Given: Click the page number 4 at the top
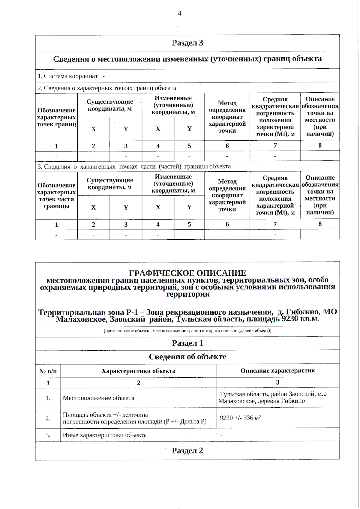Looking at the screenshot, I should click(x=179, y=13).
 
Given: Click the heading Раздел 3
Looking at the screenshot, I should click(x=187, y=43).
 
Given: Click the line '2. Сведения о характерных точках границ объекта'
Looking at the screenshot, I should click(x=107, y=88).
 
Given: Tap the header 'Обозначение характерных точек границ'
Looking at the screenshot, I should click(x=56, y=117).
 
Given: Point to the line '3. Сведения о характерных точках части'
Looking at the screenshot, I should click(x=134, y=166).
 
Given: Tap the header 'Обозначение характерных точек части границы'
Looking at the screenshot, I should click(x=56, y=196).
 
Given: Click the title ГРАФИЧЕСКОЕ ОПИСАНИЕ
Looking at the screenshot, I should click(x=187, y=273).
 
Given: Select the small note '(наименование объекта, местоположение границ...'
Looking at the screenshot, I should click(x=187, y=331).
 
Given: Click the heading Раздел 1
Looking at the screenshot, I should click(x=187, y=343).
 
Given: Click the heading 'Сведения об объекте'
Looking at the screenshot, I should click(x=187, y=357).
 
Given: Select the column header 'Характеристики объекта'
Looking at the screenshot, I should click(x=138, y=371).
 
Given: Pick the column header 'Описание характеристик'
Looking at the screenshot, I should click(x=277, y=371).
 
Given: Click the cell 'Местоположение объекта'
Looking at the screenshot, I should click(x=98, y=398).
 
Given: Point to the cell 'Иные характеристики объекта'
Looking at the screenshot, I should click(x=104, y=435).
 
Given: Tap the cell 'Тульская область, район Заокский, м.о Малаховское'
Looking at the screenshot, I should click(x=272, y=398).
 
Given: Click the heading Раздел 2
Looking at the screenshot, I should click(x=187, y=451).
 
